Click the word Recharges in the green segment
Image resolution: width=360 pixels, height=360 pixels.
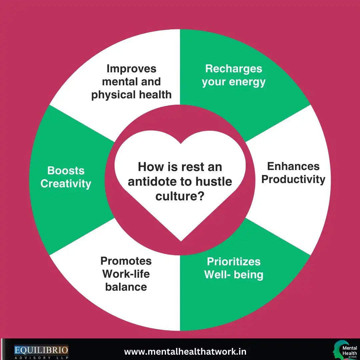pos(234,69)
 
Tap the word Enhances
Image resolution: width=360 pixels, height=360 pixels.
pos(293,166)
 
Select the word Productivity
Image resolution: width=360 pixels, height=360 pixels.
pos(293,179)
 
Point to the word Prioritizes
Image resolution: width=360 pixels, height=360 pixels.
pos(234,261)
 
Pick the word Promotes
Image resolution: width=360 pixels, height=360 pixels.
pos(126,261)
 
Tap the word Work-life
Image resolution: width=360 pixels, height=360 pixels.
pos(126,274)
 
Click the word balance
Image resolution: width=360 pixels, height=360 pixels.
pos(126,287)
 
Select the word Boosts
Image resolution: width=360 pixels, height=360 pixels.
pos(66,170)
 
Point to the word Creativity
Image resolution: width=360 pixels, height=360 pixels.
pos(66,184)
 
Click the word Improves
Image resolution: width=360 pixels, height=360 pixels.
pos(131,69)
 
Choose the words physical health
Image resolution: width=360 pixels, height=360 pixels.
pos(131,95)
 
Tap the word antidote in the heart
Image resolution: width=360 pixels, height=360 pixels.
pos(152,182)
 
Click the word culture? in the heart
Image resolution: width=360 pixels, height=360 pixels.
pos(180,196)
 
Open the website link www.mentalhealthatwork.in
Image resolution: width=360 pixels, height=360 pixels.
pos(185,352)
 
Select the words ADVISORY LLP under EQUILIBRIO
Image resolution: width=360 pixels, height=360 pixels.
pos(41,358)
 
